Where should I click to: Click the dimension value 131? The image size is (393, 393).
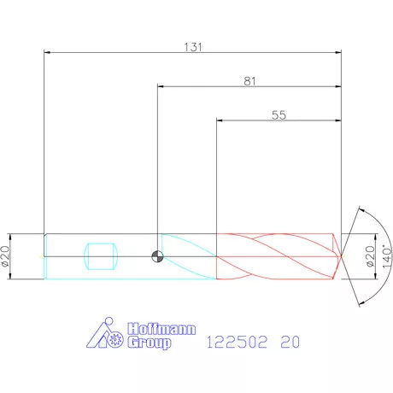[193, 47]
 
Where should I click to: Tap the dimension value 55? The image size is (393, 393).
[279, 114]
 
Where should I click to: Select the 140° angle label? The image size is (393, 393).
[386, 255]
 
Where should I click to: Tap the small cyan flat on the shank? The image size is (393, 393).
[101, 255]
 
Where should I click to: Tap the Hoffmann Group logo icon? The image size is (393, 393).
[108, 336]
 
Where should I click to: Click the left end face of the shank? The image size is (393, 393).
[44, 255]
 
